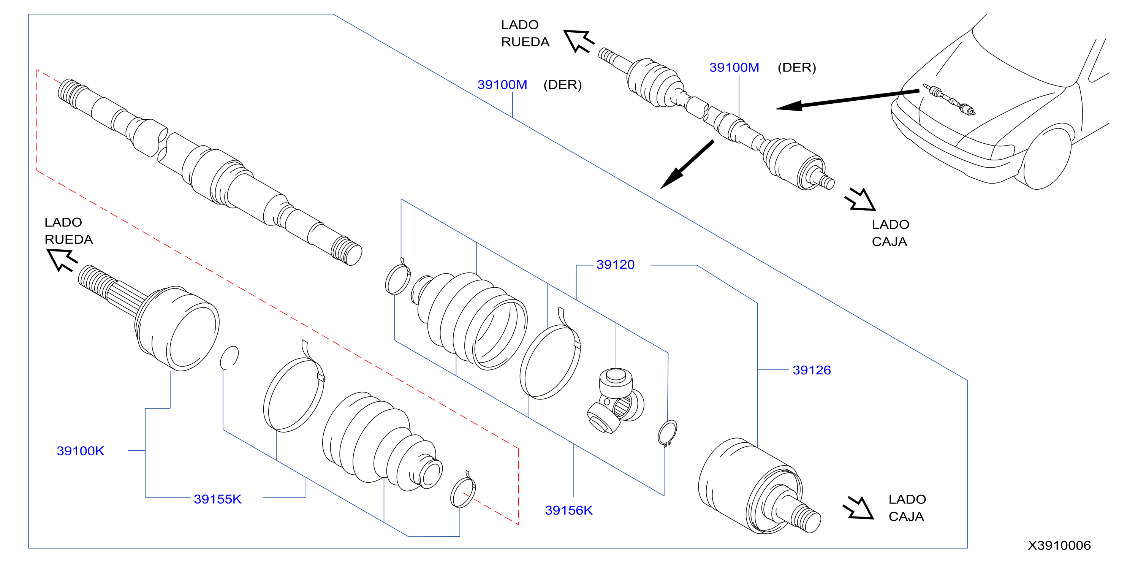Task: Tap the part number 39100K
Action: pyautogui.click(x=81, y=451)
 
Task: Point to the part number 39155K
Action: pyautogui.click(x=218, y=499)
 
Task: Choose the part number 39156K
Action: pyautogui.click(x=568, y=510)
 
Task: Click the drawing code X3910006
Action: pyautogui.click(x=1059, y=545)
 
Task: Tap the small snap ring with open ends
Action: pyautogui.click(x=667, y=433)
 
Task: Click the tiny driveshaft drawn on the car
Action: pyautogui.click(x=948, y=100)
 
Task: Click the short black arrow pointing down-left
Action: pyautogui.click(x=687, y=165)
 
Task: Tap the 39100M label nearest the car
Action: pyautogui.click(x=734, y=67)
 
